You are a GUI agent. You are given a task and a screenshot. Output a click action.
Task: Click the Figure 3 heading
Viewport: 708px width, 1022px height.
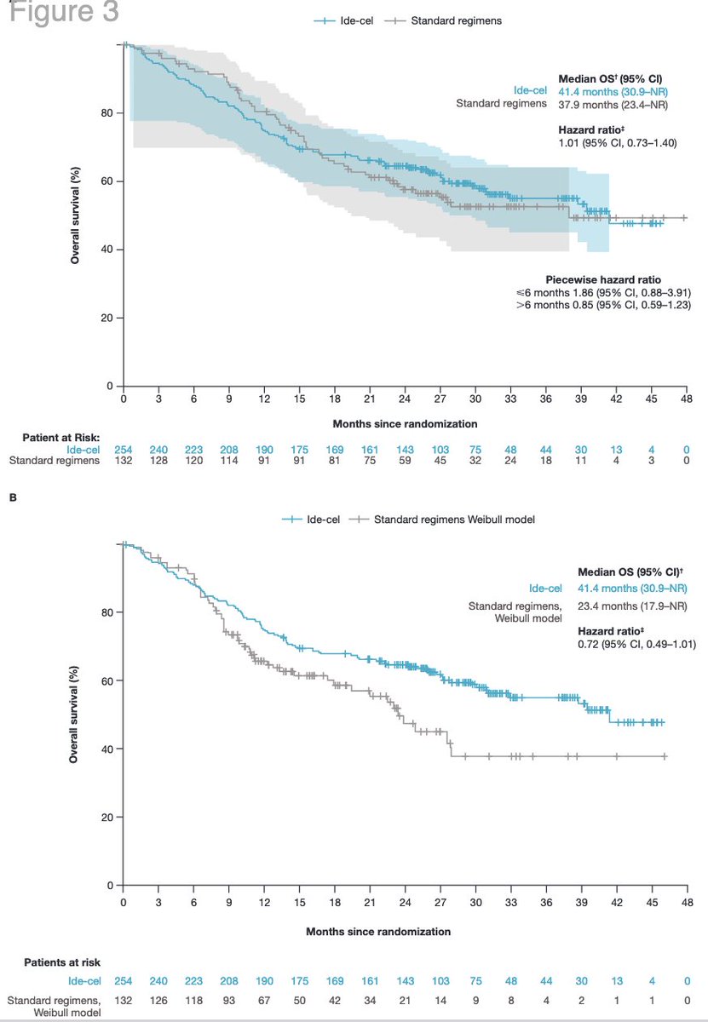(x=64, y=11)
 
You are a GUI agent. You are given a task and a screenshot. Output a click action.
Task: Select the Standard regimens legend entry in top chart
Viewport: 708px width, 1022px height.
(x=443, y=20)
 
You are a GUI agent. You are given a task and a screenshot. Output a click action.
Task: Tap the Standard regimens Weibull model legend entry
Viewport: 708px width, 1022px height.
(x=442, y=520)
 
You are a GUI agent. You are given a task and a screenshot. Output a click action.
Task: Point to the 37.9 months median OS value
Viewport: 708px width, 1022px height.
(x=613, y=105)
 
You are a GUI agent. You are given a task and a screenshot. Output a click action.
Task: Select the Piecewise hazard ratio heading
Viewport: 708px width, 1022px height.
(x=603, y=279)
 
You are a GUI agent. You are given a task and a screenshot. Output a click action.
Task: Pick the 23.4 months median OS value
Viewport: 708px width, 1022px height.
(x=632, y=606)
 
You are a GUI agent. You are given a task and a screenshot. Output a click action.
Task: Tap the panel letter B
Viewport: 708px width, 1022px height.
(x=13, y=497)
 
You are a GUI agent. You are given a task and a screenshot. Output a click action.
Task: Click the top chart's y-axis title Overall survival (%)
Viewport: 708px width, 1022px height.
(x=75, y=215)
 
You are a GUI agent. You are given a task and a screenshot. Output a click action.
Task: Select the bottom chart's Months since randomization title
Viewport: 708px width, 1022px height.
(x=378, y=932)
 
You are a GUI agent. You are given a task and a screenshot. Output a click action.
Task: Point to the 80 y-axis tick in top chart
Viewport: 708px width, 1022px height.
(x=106, y=113)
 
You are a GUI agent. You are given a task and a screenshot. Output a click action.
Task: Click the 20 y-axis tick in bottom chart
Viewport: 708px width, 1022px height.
(x=106, y=817)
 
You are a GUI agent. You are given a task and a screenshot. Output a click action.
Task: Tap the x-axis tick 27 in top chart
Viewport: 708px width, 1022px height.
(x=440, y=399)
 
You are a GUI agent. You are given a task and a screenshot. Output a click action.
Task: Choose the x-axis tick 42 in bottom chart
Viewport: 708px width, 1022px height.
(x=617, y=903)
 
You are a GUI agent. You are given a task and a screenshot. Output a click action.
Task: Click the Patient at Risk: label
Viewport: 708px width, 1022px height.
(x=61, y=438)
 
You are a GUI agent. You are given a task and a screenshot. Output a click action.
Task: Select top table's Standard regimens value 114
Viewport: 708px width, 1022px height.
(x=229, y=461)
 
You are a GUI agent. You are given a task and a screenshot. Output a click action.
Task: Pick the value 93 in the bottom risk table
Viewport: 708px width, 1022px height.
(x=229, y=1001)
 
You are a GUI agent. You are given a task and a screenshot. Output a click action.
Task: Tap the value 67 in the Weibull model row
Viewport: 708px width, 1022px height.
(x=264, y=1001)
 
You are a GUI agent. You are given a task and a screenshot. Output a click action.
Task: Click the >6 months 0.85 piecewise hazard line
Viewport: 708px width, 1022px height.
(x=603, y=305)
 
